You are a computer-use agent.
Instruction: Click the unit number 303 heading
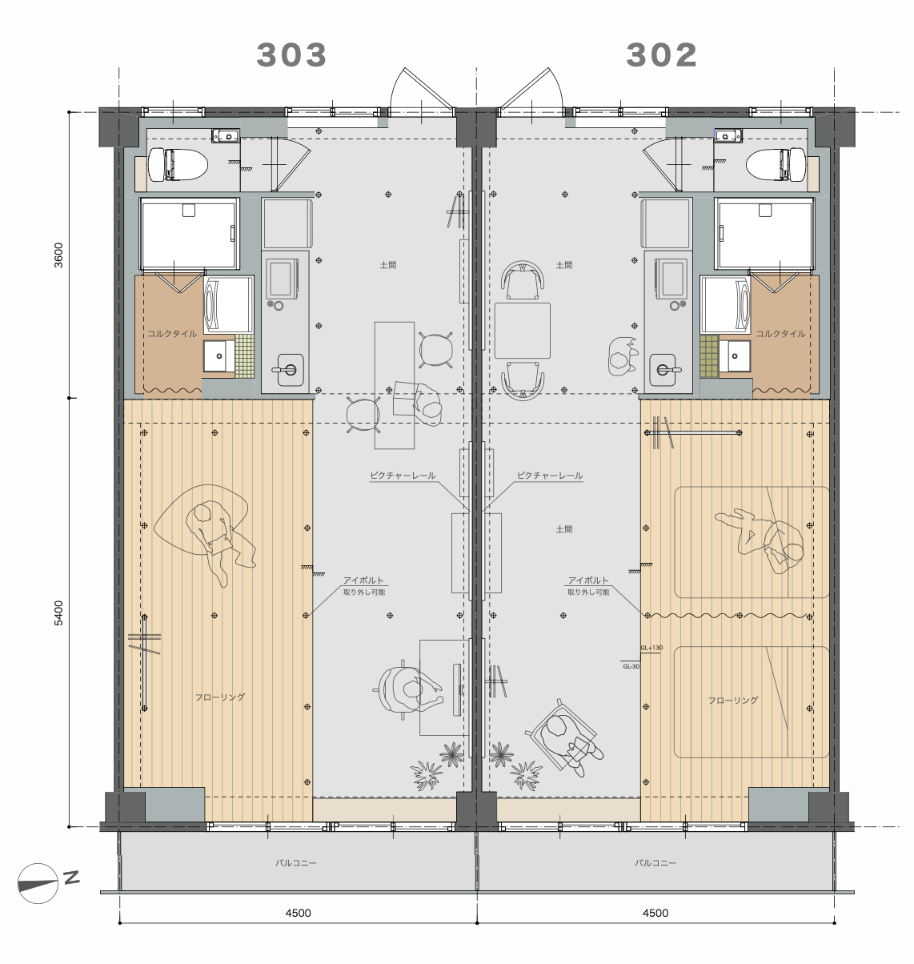[x=291, y=55]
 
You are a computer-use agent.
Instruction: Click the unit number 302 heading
[x=661, y=55]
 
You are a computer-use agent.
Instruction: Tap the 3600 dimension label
[x=59, y=255]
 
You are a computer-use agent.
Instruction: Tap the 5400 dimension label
[x=59, y=613]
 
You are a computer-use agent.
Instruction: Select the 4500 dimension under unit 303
[x=298, y=913]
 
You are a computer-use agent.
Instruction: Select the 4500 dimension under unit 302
[x=655, y=913]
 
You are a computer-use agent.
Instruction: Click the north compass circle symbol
[x=38, y=883]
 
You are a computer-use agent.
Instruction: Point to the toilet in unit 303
[x=178, y=164]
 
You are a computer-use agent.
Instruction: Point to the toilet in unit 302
[x=776, y=164]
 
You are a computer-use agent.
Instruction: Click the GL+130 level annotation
[x=651, y=647]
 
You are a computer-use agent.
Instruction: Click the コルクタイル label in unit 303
[x=172, y=334]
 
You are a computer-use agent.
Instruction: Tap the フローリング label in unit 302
[x=732, y=701]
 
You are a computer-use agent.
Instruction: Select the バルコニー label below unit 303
[x=295, y=862]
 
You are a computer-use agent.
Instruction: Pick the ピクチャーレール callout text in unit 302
[x=550, y=475]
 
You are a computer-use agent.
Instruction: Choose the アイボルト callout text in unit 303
[x=363, y=580]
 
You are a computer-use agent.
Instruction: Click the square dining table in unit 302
[x=522, y=331]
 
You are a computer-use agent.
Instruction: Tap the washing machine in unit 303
[x=229, y=305]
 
